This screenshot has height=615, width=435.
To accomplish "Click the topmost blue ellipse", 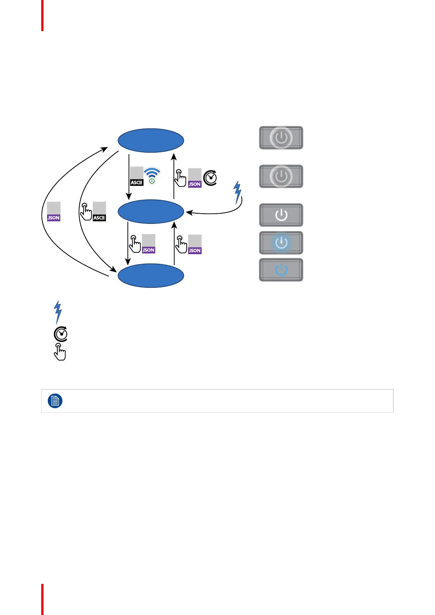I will point(150,140).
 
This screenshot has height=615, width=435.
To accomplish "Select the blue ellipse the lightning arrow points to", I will point(150,211).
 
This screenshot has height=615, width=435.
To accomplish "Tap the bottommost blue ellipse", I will point(150,276).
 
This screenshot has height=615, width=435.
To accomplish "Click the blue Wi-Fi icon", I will point(152,175).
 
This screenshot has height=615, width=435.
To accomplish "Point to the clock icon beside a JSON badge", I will point(210,178).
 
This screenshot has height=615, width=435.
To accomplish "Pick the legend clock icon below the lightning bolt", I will point(61,334).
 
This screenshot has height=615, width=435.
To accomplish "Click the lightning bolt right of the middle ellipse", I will point(238,192).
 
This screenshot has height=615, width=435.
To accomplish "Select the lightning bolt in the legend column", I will point(58,312).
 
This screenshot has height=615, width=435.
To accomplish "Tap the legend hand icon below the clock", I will point(60,352).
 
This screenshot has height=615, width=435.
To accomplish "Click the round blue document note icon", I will point(55,401).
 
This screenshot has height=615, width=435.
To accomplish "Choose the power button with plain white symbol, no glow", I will point(281,215).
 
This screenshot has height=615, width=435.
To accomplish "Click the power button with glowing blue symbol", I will point(281,243).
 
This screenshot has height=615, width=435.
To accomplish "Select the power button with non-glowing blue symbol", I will point(281,270).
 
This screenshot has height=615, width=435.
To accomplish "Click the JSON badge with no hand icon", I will point(54,211).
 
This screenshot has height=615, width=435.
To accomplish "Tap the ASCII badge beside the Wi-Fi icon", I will point(137,176).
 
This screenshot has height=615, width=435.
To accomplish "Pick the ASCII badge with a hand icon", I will point(99,211).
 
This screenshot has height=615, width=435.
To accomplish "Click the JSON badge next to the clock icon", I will point(195,178).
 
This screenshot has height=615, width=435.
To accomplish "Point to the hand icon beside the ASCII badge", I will point(86,211).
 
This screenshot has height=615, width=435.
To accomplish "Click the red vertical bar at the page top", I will point(42,15).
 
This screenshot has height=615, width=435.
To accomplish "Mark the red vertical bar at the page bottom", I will point(42,599).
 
